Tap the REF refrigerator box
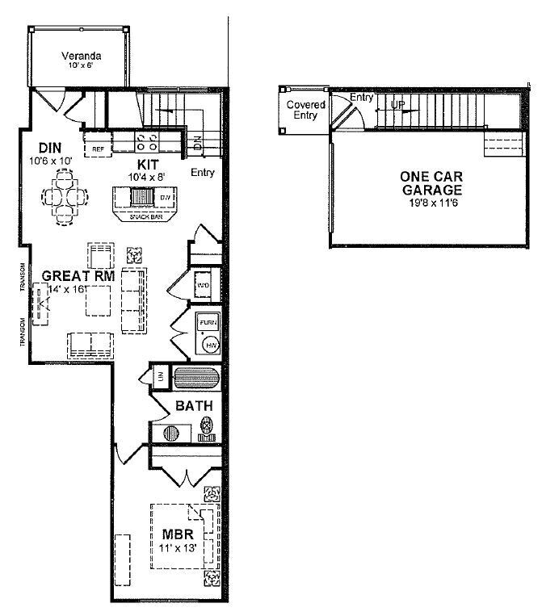97,149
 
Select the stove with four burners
146,143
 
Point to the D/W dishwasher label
165,198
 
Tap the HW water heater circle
210,345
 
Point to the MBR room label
177,534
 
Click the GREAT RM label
83,276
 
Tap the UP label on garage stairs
398,105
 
